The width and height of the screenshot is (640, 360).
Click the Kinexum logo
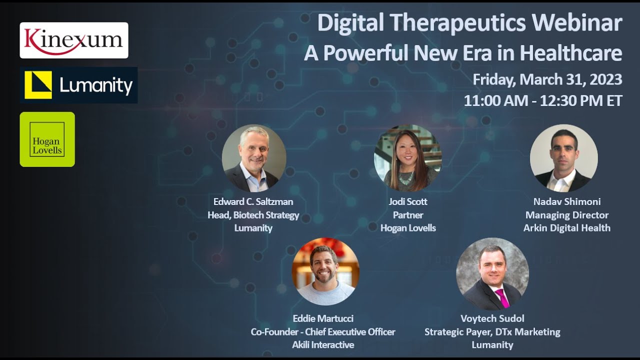(x=74, y=40)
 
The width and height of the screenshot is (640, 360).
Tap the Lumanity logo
(x=79, y=85)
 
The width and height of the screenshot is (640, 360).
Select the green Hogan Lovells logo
(x=47, y=139)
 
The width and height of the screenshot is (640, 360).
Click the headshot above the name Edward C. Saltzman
(x=254, y=158)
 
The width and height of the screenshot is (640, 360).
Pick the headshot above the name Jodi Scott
(x=408, y=158)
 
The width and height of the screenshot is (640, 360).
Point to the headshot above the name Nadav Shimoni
(x=563, y=158)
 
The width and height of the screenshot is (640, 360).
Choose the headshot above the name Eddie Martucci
(x=325, y=271)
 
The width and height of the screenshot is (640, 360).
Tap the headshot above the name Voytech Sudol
(x=492, y=274)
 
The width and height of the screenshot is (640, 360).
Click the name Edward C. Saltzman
(x=253, y=202)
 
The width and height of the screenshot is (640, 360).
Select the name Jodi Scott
(x=408, y=202)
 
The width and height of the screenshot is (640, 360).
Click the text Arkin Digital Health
(x=566, y=228)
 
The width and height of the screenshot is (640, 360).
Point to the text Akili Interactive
(x=323, y=344)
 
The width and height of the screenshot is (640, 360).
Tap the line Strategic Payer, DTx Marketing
(x=492, y=332)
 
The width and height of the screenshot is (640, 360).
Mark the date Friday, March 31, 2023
(x=547, y=79)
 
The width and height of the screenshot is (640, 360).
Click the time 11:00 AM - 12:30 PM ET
(x=543, y=100)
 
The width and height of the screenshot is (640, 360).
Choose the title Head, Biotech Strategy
(x=253, y=215)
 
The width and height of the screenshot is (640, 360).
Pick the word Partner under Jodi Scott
(x=408, y=215)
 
